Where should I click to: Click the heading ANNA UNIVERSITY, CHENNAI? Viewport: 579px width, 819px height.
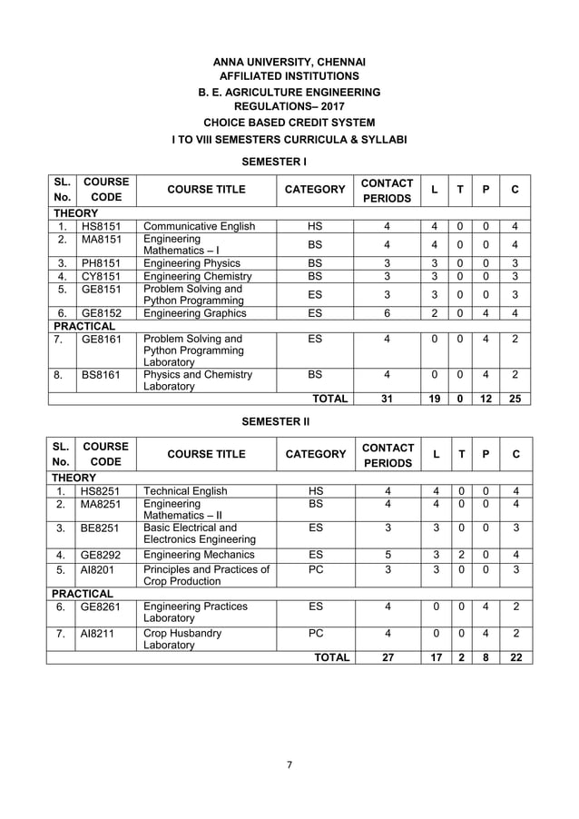[289, 61]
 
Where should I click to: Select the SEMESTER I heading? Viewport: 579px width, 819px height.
[273, 161]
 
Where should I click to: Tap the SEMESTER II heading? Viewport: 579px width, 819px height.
[274, 422]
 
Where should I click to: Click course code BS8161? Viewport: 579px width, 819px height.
[101, 374]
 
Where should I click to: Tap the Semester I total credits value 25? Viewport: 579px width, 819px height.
[515, 398]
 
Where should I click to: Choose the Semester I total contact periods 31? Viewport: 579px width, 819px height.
[388, 398]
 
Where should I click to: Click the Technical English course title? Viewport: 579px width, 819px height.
[186, 491]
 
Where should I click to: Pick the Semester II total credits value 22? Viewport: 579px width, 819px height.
[515, 658]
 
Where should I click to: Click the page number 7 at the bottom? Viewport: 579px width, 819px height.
[289, 765]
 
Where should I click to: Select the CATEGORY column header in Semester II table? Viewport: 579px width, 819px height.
[315, 454]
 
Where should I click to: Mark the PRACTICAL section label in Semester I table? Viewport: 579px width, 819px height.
[84, 325]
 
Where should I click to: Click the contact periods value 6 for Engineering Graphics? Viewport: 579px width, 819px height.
[388, 313]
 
